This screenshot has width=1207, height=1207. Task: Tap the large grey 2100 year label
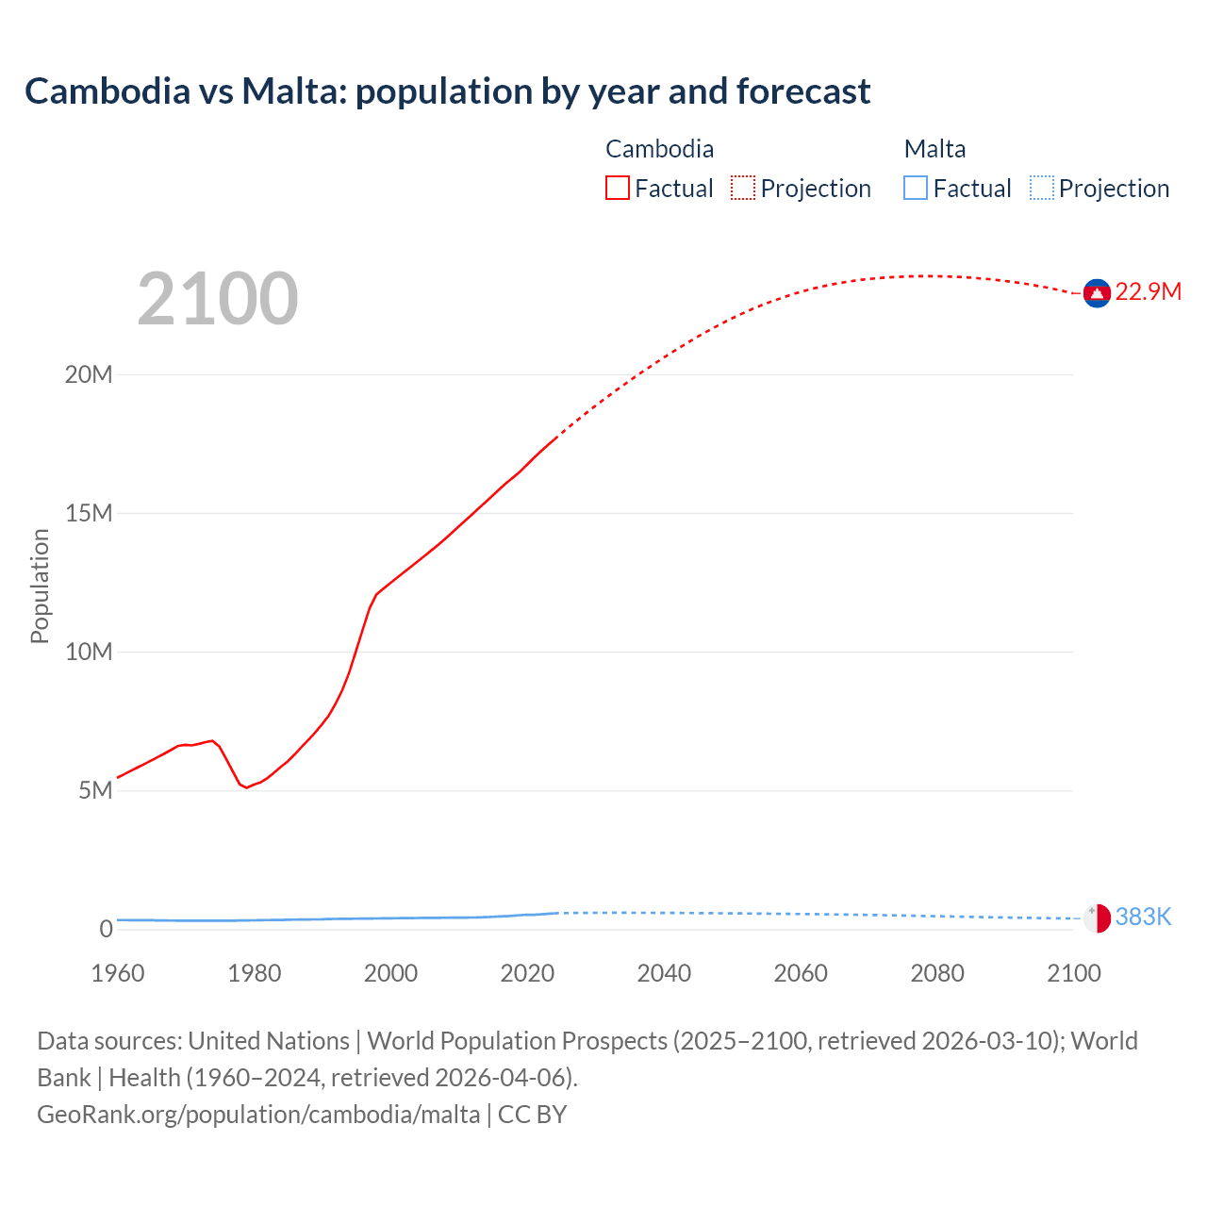coord(218,299)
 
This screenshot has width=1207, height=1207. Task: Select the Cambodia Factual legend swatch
coord(617,189)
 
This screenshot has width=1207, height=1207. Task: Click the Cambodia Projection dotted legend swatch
coord(743,189)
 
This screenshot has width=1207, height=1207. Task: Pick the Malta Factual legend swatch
coord(915,189)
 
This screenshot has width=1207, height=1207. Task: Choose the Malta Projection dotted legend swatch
coord(1041,189)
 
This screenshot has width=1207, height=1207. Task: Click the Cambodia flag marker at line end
coord(1097,293)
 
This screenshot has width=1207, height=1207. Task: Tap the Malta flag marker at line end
coord(1097,918)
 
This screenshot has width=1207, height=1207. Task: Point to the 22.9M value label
coord(1148,292)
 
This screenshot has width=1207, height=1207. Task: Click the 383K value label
coord(1143,918)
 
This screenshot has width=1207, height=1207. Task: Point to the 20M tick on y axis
coord(89,375)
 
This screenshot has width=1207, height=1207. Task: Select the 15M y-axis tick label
coord(89,514)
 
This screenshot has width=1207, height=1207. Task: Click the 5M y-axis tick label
coord(95,791)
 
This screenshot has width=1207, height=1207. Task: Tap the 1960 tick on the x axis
coord(118,973)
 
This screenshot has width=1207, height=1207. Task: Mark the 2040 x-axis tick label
coord(664,973)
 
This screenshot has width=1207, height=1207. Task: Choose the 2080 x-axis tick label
coord(937,973)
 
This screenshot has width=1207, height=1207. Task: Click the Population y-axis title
coord(40,586)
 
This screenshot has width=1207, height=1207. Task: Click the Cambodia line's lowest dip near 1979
coord(247,787)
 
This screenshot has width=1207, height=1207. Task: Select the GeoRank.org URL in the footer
coord(258,1115)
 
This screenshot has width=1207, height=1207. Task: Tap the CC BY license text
coord(532,1115)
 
